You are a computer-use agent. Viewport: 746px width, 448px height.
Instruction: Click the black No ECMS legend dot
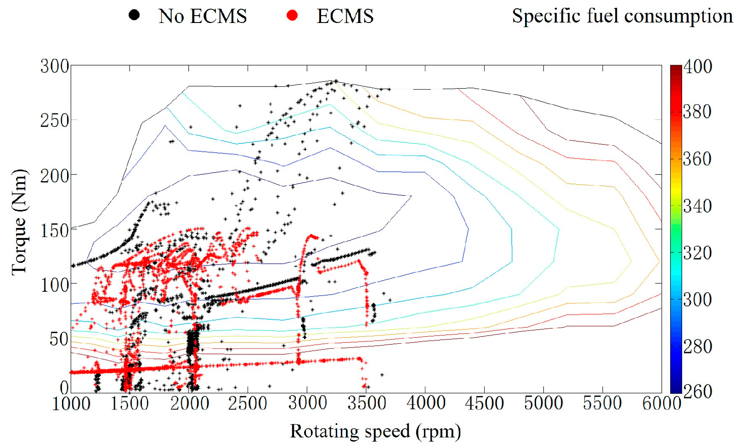coord(134,15)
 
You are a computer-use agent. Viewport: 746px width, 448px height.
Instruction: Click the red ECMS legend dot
coord(292,16)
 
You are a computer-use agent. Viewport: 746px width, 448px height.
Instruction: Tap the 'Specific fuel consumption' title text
coord(622,16)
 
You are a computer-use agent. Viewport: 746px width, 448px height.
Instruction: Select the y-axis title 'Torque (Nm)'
coord(19,222)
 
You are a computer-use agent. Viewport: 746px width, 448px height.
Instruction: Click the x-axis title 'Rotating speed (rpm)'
coord(375,431)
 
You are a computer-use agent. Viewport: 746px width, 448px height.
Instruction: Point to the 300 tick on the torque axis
coord(55,66)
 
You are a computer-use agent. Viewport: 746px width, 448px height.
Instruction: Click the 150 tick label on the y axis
coord(55,231)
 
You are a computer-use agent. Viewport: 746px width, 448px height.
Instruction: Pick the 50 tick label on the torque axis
coord(59,340)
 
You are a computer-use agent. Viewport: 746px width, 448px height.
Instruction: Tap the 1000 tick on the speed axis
coord(71,404)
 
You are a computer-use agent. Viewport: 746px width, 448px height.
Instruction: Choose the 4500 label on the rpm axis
coord(485,404)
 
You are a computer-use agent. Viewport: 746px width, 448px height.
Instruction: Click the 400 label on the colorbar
coord(698,67)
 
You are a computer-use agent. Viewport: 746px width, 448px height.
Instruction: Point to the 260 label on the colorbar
coord(698,391)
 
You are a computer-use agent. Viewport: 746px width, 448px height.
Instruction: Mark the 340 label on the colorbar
coord(698,206)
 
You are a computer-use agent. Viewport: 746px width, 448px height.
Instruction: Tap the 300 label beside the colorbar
coord(698,300)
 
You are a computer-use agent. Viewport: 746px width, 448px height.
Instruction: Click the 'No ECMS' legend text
coord(203,17)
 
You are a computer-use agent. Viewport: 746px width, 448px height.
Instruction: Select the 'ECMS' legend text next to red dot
coord(345,17)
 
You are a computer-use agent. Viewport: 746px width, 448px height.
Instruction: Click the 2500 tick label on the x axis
coord(248,404)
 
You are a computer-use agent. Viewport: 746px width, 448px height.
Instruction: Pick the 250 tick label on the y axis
coord(55,121)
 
